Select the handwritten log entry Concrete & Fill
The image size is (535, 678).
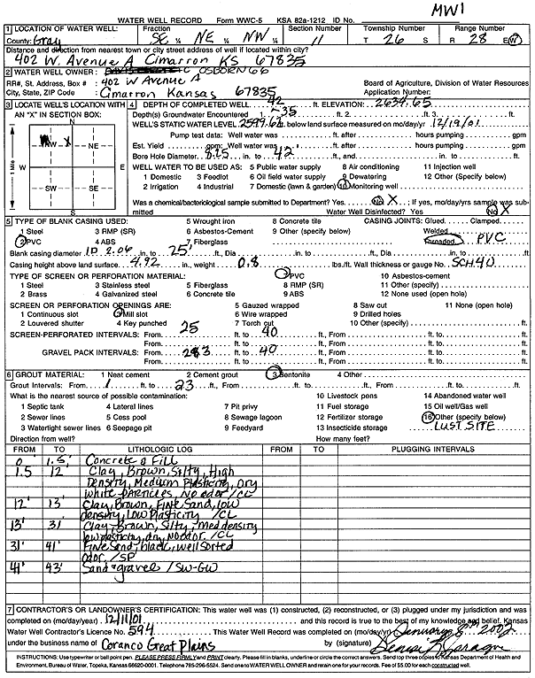click(x=119, y=460)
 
